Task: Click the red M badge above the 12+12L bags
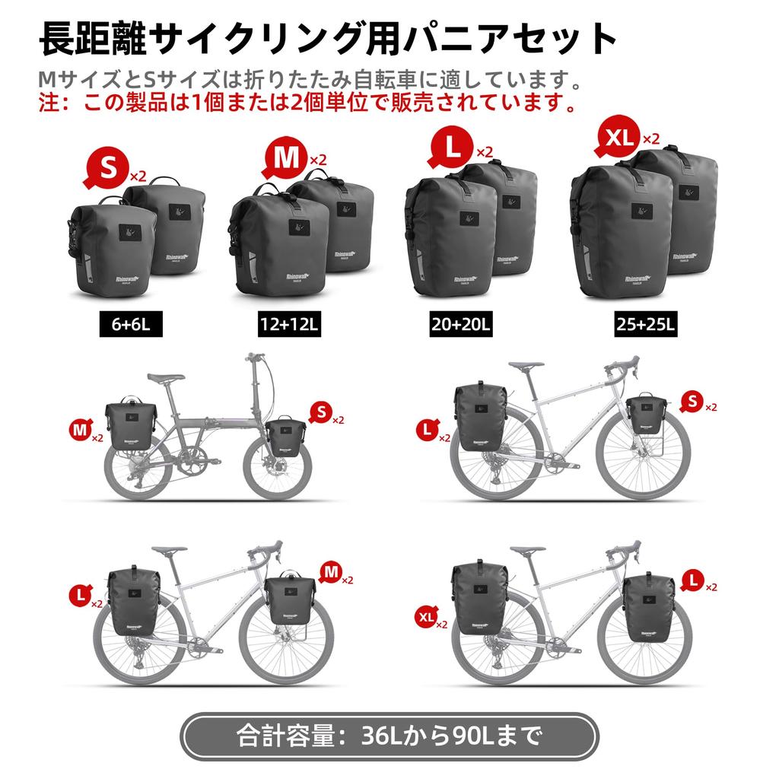pos(286,157)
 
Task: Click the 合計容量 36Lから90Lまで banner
pos(389,736)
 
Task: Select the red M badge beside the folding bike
pos(80,431)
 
